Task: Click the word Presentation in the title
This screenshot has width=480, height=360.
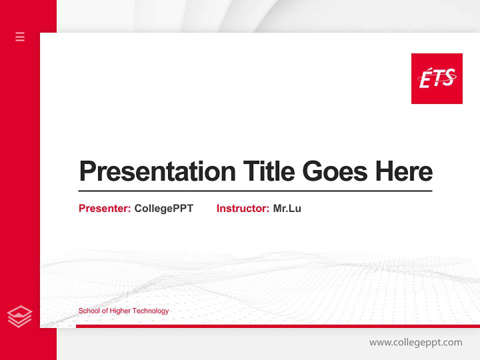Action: click(157, 171)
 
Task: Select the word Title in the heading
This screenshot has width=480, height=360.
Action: click(268, 171)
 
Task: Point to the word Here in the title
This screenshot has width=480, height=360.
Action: click(403, 171)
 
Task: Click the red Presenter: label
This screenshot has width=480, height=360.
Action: click(104, 208)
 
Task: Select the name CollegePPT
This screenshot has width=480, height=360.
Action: click(163, 208)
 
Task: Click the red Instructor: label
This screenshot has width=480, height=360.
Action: click(242, 208)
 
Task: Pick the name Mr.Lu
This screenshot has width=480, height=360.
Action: click(287, 208)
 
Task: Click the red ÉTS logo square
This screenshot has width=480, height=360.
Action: click(436, 78)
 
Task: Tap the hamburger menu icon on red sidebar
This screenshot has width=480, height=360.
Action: click(20, 36)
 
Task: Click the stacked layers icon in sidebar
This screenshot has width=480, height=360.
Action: click(19, 316)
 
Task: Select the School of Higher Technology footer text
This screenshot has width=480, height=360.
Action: click(123, 311)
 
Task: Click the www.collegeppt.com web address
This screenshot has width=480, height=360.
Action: click(415, 342)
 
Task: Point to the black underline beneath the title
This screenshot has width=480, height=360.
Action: click(255, 191)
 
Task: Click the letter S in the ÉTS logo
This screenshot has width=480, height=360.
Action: click(448, 78)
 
